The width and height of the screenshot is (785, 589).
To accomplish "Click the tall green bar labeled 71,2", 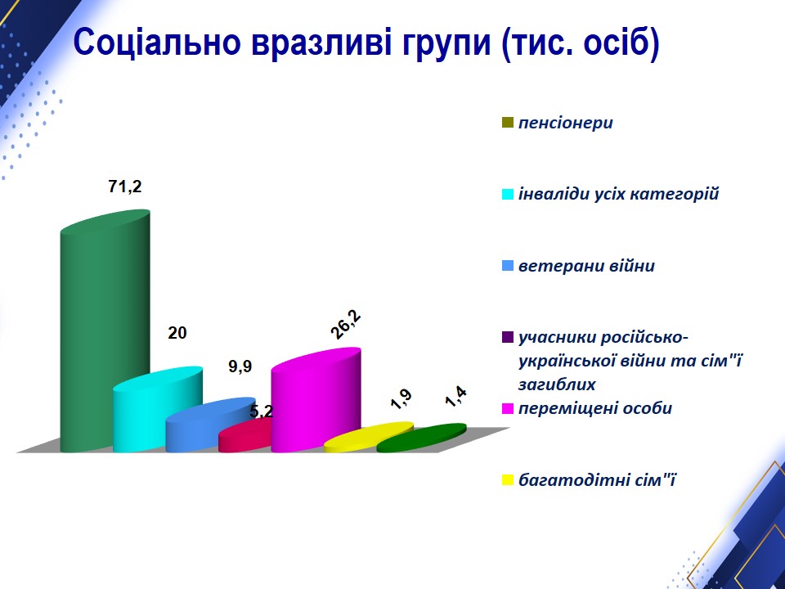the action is point(105,330).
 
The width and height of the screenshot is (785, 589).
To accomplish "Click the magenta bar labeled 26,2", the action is point(316,401).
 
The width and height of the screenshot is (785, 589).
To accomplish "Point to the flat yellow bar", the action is point(369,436).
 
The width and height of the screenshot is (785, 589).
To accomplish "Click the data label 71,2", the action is point(125,187).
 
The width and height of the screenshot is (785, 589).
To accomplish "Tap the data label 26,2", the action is point(346,325).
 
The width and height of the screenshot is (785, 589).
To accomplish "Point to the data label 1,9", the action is point(401,398).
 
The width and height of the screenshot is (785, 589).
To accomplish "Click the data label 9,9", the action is point(240,366).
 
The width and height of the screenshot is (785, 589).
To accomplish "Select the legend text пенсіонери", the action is point(565,123).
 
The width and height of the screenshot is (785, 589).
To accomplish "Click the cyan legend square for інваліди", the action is point(508,195).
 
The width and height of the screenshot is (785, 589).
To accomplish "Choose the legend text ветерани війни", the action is point(586,265).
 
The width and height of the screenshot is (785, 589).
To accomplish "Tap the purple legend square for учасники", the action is point(508,337).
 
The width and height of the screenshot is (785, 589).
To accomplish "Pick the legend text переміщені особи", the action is point(595,408).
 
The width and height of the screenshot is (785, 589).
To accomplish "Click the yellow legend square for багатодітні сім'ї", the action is point(508,480).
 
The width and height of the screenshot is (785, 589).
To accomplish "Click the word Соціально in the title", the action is point(157,43).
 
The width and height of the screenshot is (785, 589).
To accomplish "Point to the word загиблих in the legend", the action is point(557,384).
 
